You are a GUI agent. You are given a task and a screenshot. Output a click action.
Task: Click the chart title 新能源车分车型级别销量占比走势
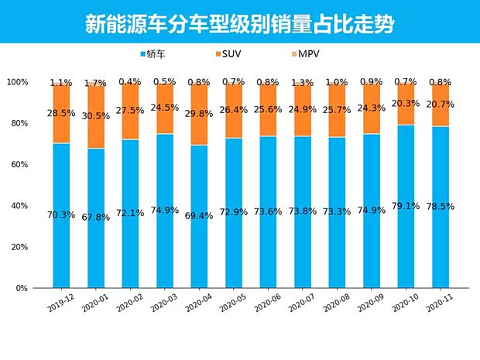(239, 23)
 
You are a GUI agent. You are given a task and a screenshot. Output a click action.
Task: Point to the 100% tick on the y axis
(17, 82)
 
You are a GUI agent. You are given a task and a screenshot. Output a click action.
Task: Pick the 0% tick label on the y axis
(22, 288)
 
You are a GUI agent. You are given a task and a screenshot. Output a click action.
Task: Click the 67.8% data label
(96, 218)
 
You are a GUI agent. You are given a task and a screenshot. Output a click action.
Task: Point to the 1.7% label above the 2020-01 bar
(96, 83)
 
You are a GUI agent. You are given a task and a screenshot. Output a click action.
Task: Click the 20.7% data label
(440, 104)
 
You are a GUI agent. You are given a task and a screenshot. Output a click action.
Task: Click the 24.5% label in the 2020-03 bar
(165, 107)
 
